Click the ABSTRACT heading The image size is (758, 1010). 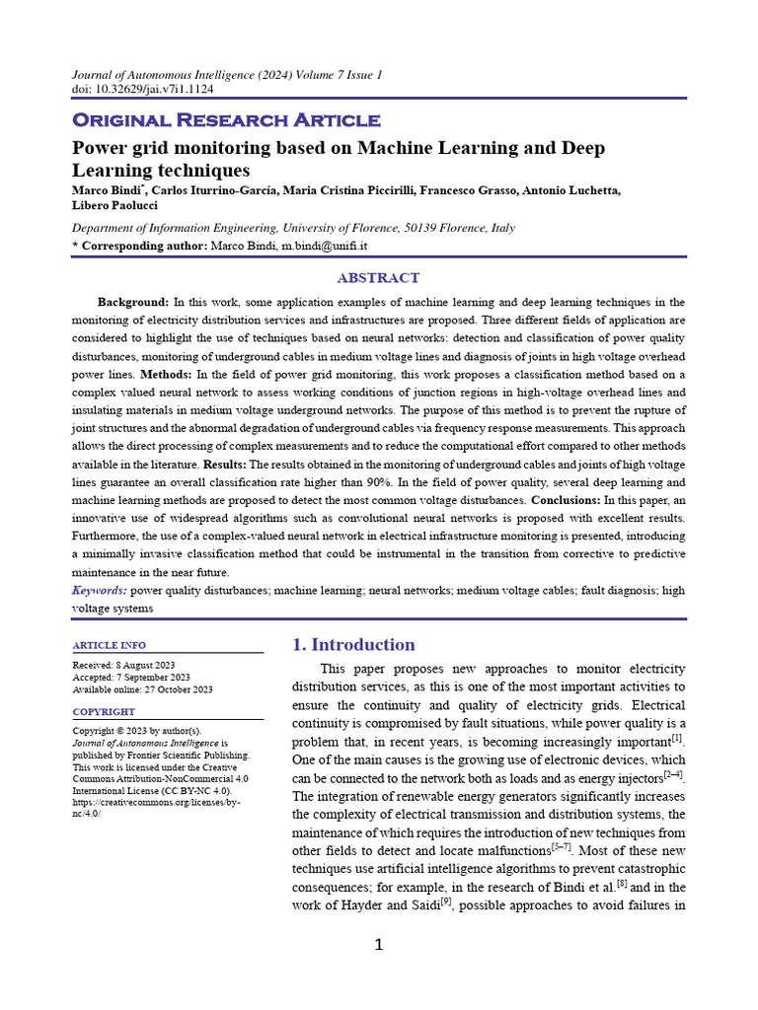pyautogui.click(x=378, y=278)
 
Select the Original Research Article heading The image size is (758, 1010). pyautogui.click(x=226, y=120)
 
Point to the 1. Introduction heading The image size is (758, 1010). pyautogui.click(x=353, y=645)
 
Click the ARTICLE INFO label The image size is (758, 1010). pyautogui.click(x=110, y=645)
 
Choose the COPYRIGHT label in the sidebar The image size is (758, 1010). pyautogui.click(x=104, y=711)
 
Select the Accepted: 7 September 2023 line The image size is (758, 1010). pyautogui.click(x=131, y=678)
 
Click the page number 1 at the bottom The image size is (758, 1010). pyautogui.click(x=378, y=946)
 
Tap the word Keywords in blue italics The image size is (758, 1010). pyautogui.click(x=99, y=590)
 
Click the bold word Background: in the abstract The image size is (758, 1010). pyautogui.click(x=133, y=301)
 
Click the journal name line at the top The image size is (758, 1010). pyautogui.click(x=227, y=75)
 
